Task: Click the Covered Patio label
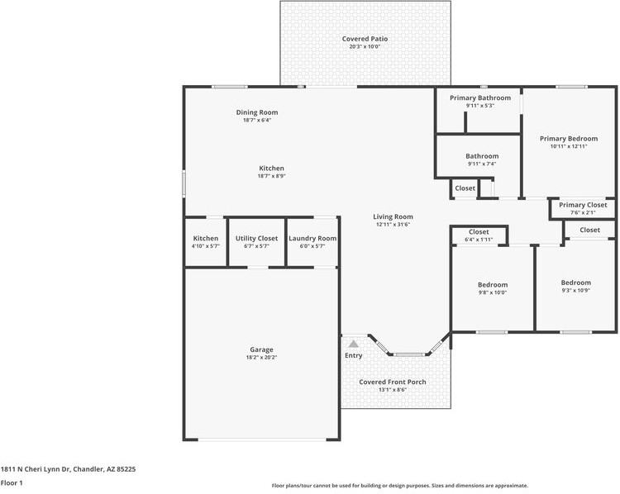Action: pos(365,39)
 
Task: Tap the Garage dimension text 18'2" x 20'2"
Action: pos(261,357)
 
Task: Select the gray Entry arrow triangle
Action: pos(354,344)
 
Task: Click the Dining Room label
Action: pos(257,112)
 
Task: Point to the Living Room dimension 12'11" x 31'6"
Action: pos(393,225)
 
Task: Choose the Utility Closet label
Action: pos(256,238)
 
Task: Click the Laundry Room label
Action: pos(312,238)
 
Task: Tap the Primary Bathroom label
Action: pos(480,97)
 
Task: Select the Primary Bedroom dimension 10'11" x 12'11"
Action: pos(569,146)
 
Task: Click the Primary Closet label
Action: pos(583,205)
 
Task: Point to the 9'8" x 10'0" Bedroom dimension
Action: pos(493,292)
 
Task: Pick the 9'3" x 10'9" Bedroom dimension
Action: pos(575,291)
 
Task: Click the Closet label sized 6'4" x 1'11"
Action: pos(479,232)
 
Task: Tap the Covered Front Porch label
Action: pos(392,382)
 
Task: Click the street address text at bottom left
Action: pos(68,469)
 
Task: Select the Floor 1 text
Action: pos(12,482)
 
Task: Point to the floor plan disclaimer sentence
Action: pos(400,486)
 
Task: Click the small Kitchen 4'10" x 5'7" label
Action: pos(206,238)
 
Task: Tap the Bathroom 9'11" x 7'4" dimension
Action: pos(482,164)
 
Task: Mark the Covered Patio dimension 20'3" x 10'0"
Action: pos(365,46)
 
